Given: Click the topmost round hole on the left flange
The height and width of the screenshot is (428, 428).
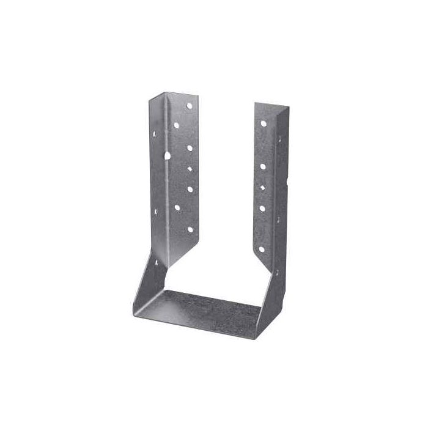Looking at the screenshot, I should [x=190, y=106].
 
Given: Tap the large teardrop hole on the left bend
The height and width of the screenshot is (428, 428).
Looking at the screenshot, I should [x=167, y=156].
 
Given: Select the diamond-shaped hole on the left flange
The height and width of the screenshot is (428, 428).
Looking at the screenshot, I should [x=190, y=169].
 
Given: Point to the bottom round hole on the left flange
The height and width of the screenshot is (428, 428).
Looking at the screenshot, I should [x=190, y=229].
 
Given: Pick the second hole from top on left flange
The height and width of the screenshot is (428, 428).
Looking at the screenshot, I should [x=176, y=125].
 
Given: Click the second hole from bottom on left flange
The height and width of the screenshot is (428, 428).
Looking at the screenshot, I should [x=177, y=208].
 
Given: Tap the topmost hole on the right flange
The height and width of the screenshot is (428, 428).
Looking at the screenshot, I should [x=264, y=123].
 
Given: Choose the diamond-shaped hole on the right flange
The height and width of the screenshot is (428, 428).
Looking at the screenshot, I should [x=263, y=186].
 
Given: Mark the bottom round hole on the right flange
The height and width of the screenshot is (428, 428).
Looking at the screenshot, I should [x=262, y=249].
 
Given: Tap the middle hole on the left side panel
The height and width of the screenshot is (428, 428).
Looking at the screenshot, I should [x=155, y=212].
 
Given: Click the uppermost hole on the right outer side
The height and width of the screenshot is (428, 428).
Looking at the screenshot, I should [x=280, y=138].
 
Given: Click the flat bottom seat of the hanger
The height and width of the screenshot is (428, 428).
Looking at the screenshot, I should [x=202, y=309].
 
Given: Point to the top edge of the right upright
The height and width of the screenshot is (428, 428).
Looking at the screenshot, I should [x=271, y=106].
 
